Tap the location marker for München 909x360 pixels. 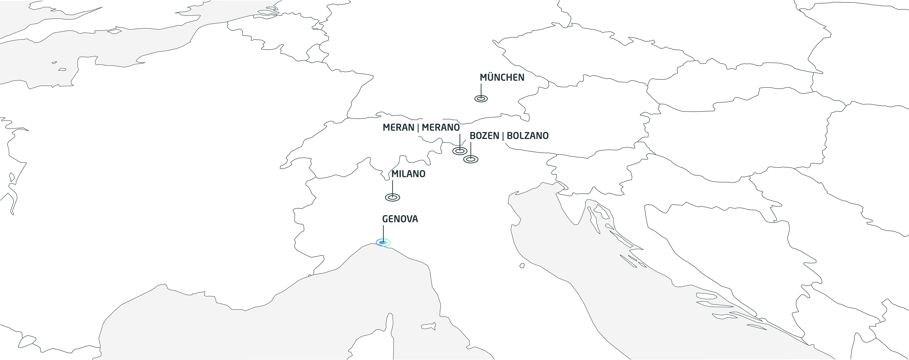click(x=481, y=99)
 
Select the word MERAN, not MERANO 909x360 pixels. click(x=398, y=127)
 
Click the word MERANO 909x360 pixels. click(x=441, y=127)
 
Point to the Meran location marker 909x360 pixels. click(x=460, y=151)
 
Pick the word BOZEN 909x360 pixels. click(x=484, y=136)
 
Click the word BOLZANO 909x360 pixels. click(x=528, y=136)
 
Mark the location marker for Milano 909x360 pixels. click(x=392, y=198)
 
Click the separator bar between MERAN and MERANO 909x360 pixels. click(x=418, y=128)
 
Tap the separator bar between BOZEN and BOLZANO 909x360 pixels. click(x=503, y=136)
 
